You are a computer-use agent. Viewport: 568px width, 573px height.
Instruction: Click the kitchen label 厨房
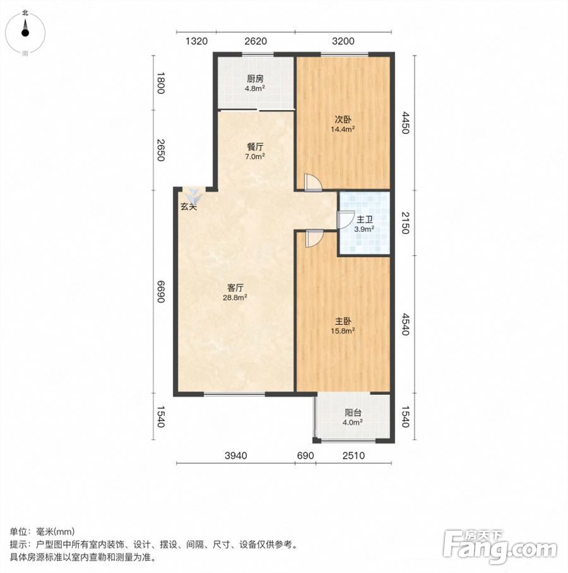click(255, 78)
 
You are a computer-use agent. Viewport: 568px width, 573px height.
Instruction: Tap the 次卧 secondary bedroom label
click(343, 119)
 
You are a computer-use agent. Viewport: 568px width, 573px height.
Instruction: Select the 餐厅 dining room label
click(255, 147)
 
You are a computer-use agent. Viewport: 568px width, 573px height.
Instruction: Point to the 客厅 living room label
click(235, 288)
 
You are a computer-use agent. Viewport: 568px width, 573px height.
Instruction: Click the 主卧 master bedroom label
click(343, 321)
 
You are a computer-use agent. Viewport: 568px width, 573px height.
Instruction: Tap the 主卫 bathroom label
click(364, 220)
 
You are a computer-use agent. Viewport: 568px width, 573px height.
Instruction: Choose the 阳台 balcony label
click(353, 413)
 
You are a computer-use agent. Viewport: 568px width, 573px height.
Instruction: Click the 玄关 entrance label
click(189, 207)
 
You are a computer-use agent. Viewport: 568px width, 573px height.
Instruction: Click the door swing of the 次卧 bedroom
click(313, 182)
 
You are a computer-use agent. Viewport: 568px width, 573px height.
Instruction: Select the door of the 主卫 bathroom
click(346, 220)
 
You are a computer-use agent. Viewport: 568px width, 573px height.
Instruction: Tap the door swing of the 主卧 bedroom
click(314, 238)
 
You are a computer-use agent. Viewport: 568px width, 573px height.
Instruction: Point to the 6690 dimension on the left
click(160, 292)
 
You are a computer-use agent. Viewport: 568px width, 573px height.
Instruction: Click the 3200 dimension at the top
click(343, 41)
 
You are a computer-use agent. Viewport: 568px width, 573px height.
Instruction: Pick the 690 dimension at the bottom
click(305, 455)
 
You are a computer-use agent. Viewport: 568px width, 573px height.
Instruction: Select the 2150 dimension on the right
click(406, 223)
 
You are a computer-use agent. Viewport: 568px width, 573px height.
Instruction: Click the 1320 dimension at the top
click(196, 41)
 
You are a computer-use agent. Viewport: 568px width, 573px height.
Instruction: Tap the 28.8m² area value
click(235, 298)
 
